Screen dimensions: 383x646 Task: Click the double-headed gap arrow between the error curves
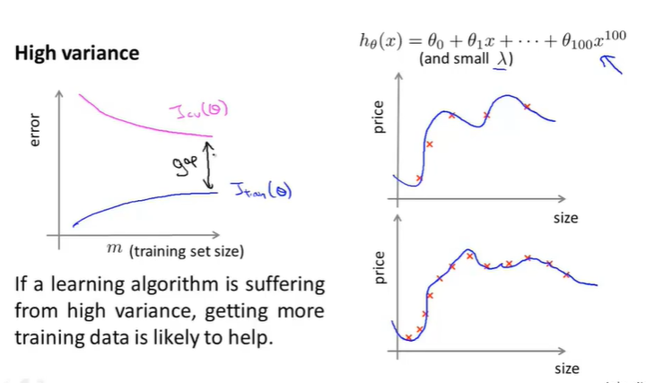click(211, 165)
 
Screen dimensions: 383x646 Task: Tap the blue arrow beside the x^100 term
click(609, 65)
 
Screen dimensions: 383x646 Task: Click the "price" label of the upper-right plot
click(379, 118)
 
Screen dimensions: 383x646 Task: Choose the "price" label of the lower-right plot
click(379, 266)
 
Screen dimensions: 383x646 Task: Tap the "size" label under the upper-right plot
click(565, 218)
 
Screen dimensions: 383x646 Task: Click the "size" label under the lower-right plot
click(566, 368)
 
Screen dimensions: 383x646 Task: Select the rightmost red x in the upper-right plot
click(528, 107)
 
